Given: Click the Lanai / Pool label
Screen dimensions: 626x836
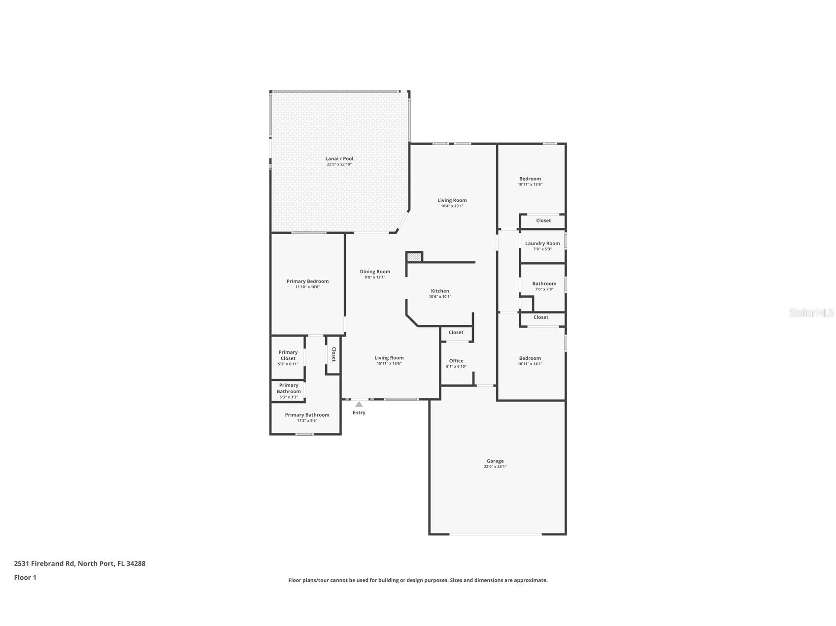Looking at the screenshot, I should (339, 159).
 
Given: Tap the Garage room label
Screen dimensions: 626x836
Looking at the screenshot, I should (495, 461).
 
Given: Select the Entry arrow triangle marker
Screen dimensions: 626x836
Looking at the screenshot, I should (359, 405).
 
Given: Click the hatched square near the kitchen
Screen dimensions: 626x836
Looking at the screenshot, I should (414, 257).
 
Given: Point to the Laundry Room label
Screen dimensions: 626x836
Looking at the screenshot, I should (542, 244).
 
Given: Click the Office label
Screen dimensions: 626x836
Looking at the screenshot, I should (456, 361).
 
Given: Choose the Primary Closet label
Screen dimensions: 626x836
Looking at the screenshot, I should (288, 355).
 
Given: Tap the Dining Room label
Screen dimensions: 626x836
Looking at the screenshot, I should (374, 272).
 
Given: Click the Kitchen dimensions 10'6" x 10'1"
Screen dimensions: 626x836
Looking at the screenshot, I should (439, 297).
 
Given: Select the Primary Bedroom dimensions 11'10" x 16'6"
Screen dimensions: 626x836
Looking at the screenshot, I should (307, 287).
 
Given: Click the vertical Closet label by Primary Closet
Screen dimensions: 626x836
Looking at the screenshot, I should (334, 354).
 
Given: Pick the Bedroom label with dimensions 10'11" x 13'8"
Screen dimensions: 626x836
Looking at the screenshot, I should (530, 179).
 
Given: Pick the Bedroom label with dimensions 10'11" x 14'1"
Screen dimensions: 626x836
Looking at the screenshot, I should (530, 358).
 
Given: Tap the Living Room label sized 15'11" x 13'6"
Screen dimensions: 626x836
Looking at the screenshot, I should (389, 358).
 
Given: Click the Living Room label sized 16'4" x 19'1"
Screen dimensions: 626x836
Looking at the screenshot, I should (452, 200).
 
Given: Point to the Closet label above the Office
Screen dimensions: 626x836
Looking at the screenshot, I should (456, 333).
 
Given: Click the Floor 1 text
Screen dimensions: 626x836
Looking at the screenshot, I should (25, 577).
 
